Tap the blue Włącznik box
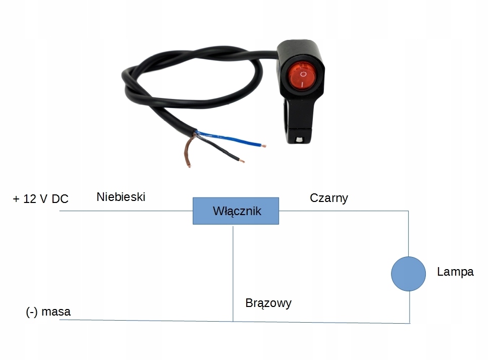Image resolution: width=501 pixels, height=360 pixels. [236, 211]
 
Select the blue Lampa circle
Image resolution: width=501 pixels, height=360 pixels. [408, 274]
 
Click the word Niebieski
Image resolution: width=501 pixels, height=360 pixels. [121, 197]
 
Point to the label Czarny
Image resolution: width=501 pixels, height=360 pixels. [329, 198]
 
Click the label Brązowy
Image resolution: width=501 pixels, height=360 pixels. [268, 303]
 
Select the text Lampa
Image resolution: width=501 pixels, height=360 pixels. [455, 272]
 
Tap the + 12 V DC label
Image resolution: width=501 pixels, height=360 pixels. [40, 199]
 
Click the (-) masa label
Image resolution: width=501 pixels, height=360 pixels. [48, 312]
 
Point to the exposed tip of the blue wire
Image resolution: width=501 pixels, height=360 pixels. [264, 146]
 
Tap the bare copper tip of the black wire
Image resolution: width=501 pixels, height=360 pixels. [243, 161]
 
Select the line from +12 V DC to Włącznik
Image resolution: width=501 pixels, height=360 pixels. [126, 211]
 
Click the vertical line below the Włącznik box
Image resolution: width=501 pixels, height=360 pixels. [233, 273]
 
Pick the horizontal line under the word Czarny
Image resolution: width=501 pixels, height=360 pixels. [343, 211]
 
